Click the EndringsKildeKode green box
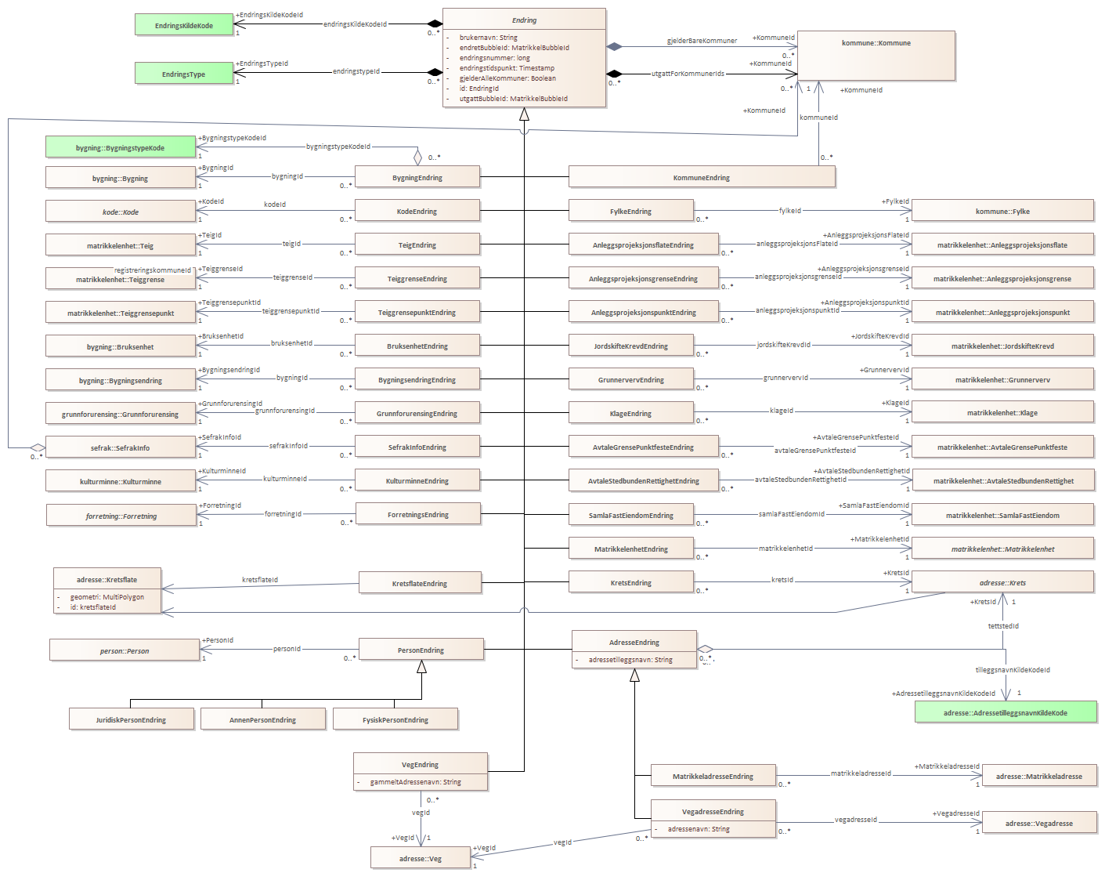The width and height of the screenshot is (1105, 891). (x=184, y=25)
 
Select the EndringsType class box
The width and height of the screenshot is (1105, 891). (x=184, y=74)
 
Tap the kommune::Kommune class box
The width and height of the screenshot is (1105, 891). (x=876, y=55)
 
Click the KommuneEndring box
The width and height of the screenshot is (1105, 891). (x=701, y=177)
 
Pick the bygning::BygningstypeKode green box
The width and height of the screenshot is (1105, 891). (x=120, y=147)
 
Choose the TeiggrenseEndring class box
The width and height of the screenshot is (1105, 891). (x=417, y=278)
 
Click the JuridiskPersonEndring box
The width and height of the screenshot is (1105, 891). (x=131, y=719)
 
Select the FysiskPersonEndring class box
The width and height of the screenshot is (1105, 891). (x=395, y=719)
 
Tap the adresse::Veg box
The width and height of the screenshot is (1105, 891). (x=421, y=858)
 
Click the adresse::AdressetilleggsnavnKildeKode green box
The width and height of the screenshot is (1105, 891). (x=1005, y=712)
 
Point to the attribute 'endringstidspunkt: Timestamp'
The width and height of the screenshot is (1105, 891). (x=507, y=68)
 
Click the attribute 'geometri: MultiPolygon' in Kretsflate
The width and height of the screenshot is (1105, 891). (x=107, y=597)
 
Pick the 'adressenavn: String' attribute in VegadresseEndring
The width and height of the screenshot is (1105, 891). (x=698, y=829)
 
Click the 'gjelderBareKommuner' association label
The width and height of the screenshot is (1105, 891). (x=702, y=41)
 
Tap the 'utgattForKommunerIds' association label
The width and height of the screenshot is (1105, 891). (x=688, y=74)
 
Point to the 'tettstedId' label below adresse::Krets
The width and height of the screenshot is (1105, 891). (x=1003, y=626)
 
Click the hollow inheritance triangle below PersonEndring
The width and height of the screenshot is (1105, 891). (x=421, y=667)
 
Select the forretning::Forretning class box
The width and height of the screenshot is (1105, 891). (x=121, y=516)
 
